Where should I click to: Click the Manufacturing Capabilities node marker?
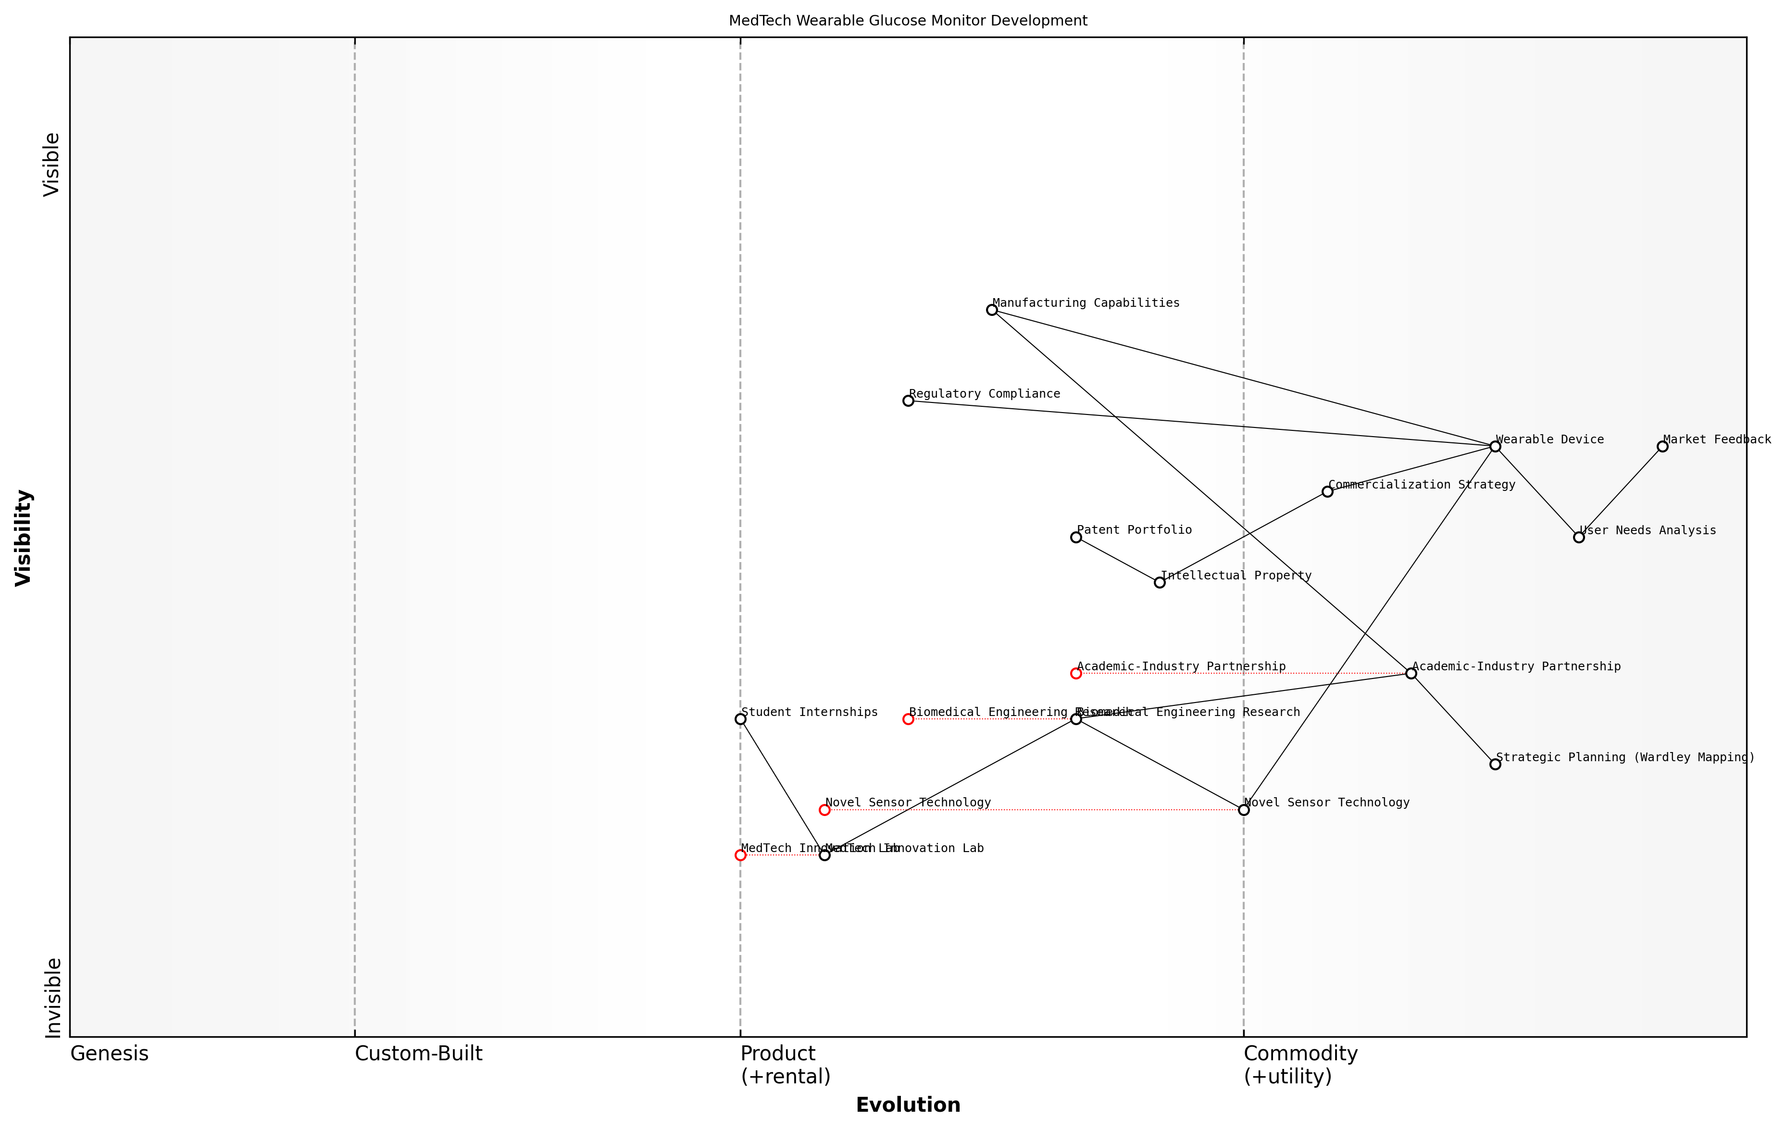click(x=992, y=310)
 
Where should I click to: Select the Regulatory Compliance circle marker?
click(x=908, y=401)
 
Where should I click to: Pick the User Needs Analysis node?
click(x=1579, y=537)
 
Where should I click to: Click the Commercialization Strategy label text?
click(x=1422, y=485)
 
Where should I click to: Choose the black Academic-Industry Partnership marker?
click(x=1411, y=674)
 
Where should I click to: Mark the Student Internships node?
click(x=740, y=719)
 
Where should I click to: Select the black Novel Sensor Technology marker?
click(x=1244, y=810)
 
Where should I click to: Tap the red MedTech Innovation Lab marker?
click(x=740, y=855)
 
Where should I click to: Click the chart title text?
click(x=908, y=21)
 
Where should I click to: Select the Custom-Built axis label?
click(x=418, y=1054)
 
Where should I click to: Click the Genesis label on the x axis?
click(x=109, y=1054)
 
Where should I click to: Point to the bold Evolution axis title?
click(x=908, y=1105)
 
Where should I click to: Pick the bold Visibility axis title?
click(x=24, y=537)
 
